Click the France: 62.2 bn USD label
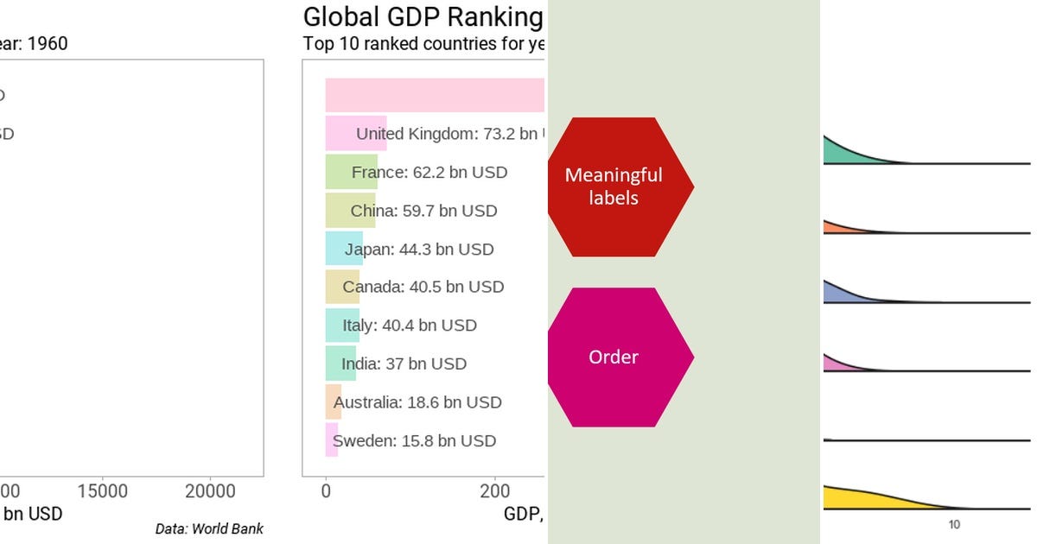pos(429,172)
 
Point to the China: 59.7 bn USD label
pos(423,211)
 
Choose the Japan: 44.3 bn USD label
pos(419,250)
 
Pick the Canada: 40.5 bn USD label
pos(423,287)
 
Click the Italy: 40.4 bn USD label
pos(410,326)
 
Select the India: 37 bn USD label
pos(404,364)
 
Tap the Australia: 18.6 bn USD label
pos(417,402)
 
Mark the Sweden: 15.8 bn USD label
pos(414,441)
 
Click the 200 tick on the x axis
pos(495,491)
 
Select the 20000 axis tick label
pos(211,491)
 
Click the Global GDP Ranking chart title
pos(423,17)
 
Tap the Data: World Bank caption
pos(209,528)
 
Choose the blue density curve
pos(843,293)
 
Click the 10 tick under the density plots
pos(954,525)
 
